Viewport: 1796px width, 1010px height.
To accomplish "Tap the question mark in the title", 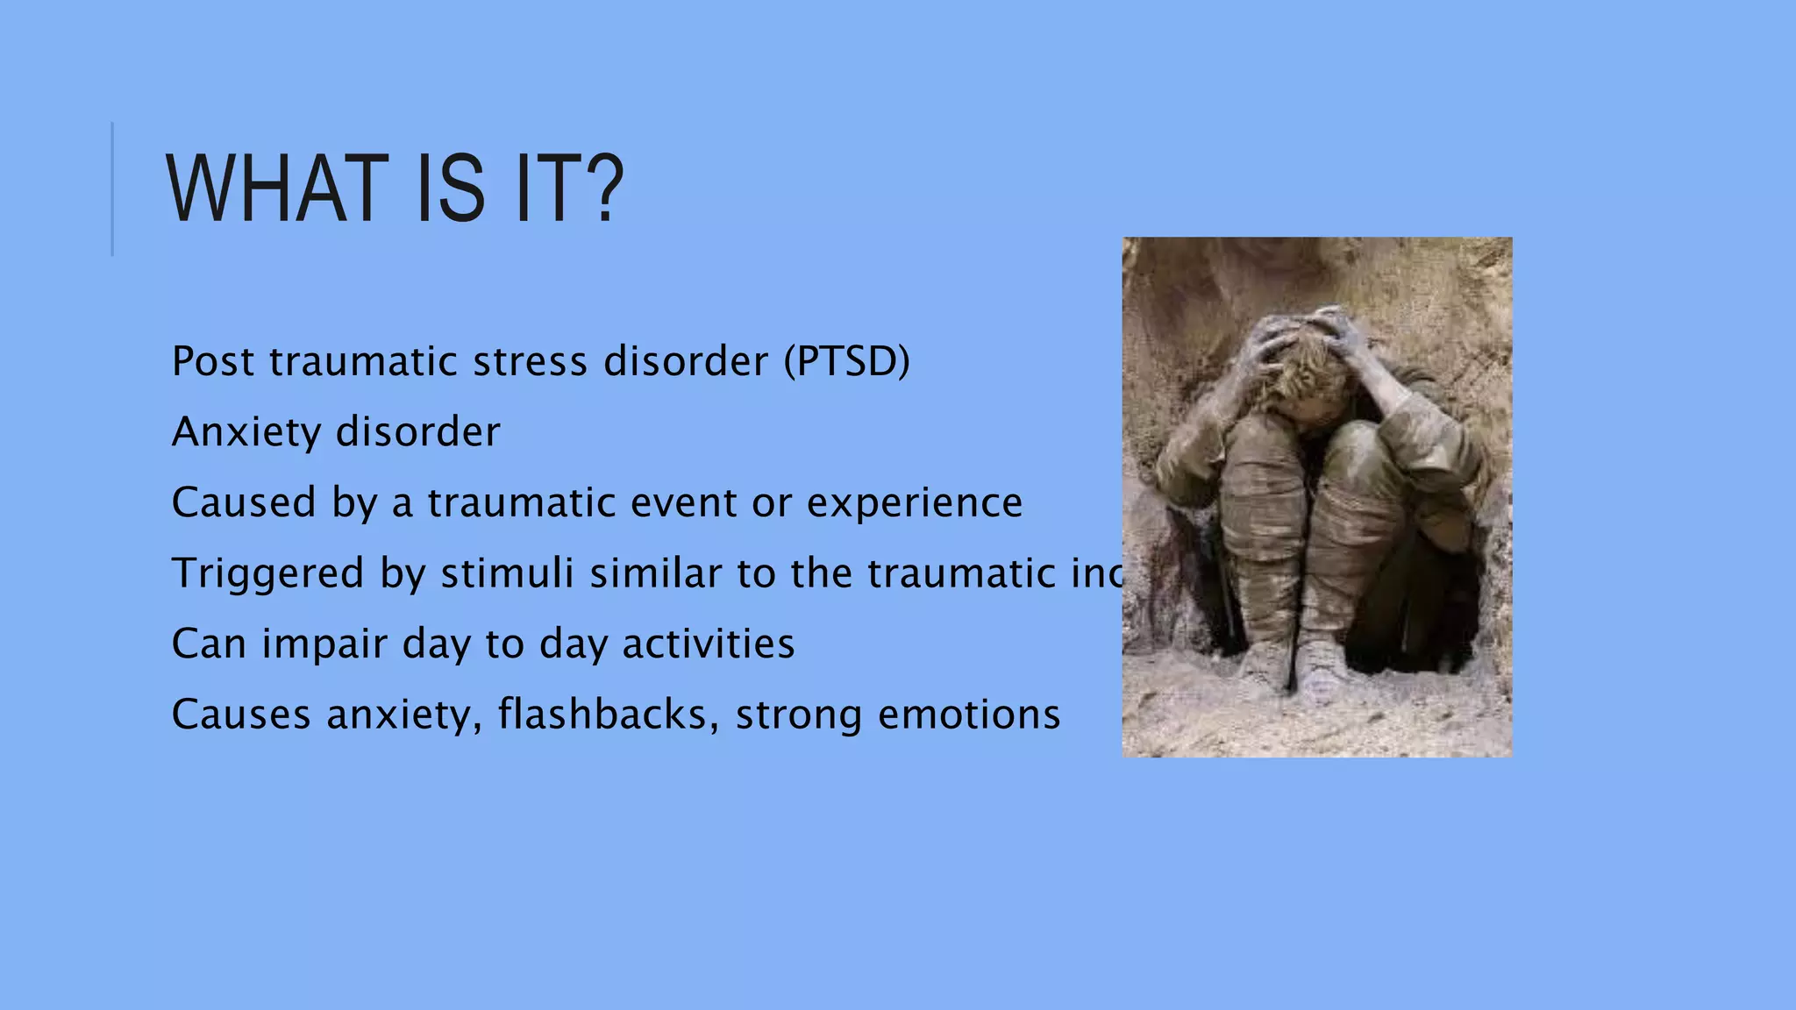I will coord(602,188).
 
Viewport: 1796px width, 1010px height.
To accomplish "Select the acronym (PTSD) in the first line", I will coord(847,361).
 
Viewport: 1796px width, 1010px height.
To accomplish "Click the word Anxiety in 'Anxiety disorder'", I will coord(246,432).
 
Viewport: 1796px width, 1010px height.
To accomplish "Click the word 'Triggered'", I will coord(267,574).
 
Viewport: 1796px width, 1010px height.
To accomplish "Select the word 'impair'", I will coord(323,644).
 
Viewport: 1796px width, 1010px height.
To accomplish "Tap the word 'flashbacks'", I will coord(602,715).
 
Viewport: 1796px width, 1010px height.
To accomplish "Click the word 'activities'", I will coord(708,644).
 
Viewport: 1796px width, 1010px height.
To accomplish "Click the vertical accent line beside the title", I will coord(112,188).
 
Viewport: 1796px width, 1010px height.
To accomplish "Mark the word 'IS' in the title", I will coord(451,188).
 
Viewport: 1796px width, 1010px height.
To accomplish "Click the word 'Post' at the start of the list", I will coord(212,361).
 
